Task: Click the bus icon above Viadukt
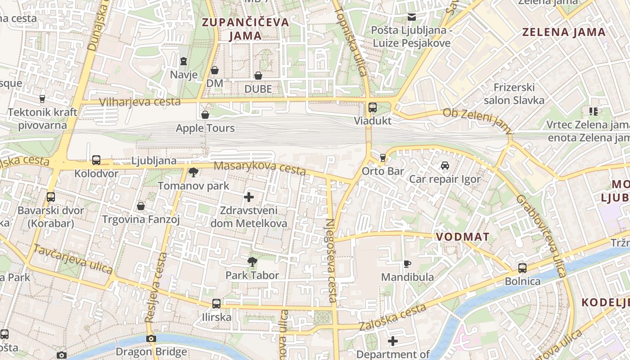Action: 372,108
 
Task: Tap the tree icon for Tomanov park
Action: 193,172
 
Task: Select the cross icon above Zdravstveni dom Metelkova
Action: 249,197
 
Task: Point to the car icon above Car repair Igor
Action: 445,166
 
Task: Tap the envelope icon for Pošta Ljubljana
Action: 411,17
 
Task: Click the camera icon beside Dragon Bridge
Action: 151,338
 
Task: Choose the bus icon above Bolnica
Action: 522,268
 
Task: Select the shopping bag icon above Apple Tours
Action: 205,115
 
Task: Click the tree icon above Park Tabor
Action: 252,261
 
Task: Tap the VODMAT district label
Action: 462,237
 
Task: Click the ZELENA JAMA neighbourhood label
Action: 564,32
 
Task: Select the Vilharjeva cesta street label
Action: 140,102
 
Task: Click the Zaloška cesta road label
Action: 392,317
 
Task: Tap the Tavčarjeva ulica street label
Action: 73,259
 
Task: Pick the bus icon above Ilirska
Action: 216,304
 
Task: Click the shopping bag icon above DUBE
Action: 258,76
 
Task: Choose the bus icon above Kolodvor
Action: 96,160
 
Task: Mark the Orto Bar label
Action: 383,171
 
